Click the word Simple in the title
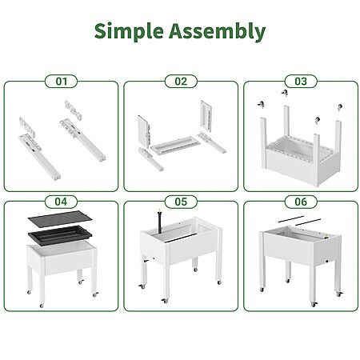(x=129, y=31)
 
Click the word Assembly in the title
(x=217, y=31)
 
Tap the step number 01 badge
(x=61, y=82)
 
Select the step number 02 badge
(x=181, y=82)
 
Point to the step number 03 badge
(x=301, y=82)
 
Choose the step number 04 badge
(x=61, y=202)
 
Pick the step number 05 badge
(x=181, y=202)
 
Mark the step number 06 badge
(x=301, y=202)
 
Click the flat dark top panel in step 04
(x=60, y=219)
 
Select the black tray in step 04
(x=60, y=235)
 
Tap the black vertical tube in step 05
(x=160, y=221)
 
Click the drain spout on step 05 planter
(x=146, y=260)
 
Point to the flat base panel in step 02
(x=175, y=145)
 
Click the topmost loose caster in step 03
(x=285, y=93)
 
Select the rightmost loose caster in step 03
(x=340, y=107)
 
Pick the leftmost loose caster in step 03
(x=261, y=105)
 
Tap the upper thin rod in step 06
(x=291, y=219)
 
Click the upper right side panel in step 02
(x=206, y=116)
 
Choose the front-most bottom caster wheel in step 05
(x=165, y=301)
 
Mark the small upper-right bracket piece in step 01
(x=73, y=110)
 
